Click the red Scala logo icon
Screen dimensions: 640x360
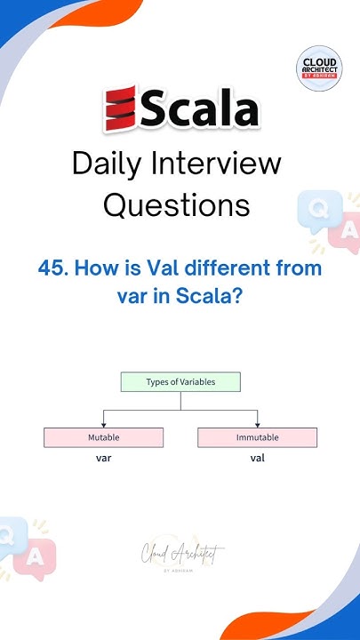click(120, 109)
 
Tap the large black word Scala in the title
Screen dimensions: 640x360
click(199, 109)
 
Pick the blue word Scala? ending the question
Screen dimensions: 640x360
click(212, 297)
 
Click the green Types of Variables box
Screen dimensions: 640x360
click(180, 382)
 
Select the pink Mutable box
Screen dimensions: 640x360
click(103, 437)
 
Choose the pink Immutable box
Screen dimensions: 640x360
click(257, 437)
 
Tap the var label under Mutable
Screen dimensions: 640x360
click(103, 459)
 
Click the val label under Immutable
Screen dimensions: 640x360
click(257, 459)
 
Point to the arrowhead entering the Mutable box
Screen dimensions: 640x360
click(104, 424)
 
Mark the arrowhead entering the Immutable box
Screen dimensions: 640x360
click(257, 424)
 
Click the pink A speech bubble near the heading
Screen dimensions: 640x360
click(346, 233)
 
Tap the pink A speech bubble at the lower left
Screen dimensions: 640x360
click(35, 556)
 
